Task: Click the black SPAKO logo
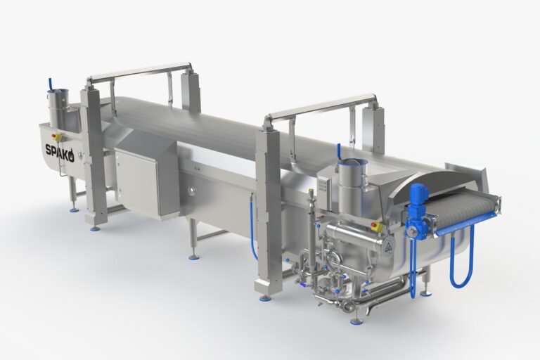click(60, 149)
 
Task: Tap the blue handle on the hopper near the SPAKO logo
click(50, 84)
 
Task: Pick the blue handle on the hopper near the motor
click(338, 152)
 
